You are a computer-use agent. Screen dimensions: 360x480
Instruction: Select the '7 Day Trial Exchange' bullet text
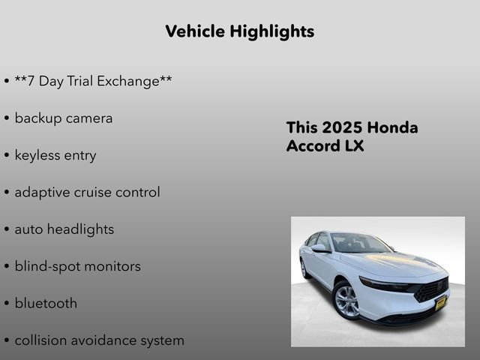tap(93, 81)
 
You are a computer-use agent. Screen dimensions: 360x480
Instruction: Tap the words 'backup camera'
tap(63, 118)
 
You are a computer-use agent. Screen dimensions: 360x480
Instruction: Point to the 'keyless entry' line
tap(55, 155)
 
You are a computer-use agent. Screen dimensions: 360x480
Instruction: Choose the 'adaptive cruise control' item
tap(87, 192)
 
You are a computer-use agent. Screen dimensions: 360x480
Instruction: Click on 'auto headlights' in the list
tap(64, 229)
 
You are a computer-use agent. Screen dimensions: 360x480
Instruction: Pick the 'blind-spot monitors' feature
tap(77, 266)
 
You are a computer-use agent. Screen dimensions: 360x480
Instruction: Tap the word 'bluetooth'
tap(45, 304)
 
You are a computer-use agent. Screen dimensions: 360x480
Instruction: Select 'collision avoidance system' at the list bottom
tap(99, 340)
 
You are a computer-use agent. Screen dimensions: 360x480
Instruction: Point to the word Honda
tap(394, 127)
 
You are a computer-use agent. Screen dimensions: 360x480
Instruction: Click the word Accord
tap(313, 146)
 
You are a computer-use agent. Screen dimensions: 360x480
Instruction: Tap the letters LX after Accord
tap(354, 146)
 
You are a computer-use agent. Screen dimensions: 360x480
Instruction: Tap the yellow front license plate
tap(440, 302)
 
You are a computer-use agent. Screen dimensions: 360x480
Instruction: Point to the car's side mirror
tap(319, 248)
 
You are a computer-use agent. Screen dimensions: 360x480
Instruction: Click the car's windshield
tap(360, 243)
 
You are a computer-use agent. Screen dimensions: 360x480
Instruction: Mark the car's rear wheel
tap(304, 268)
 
